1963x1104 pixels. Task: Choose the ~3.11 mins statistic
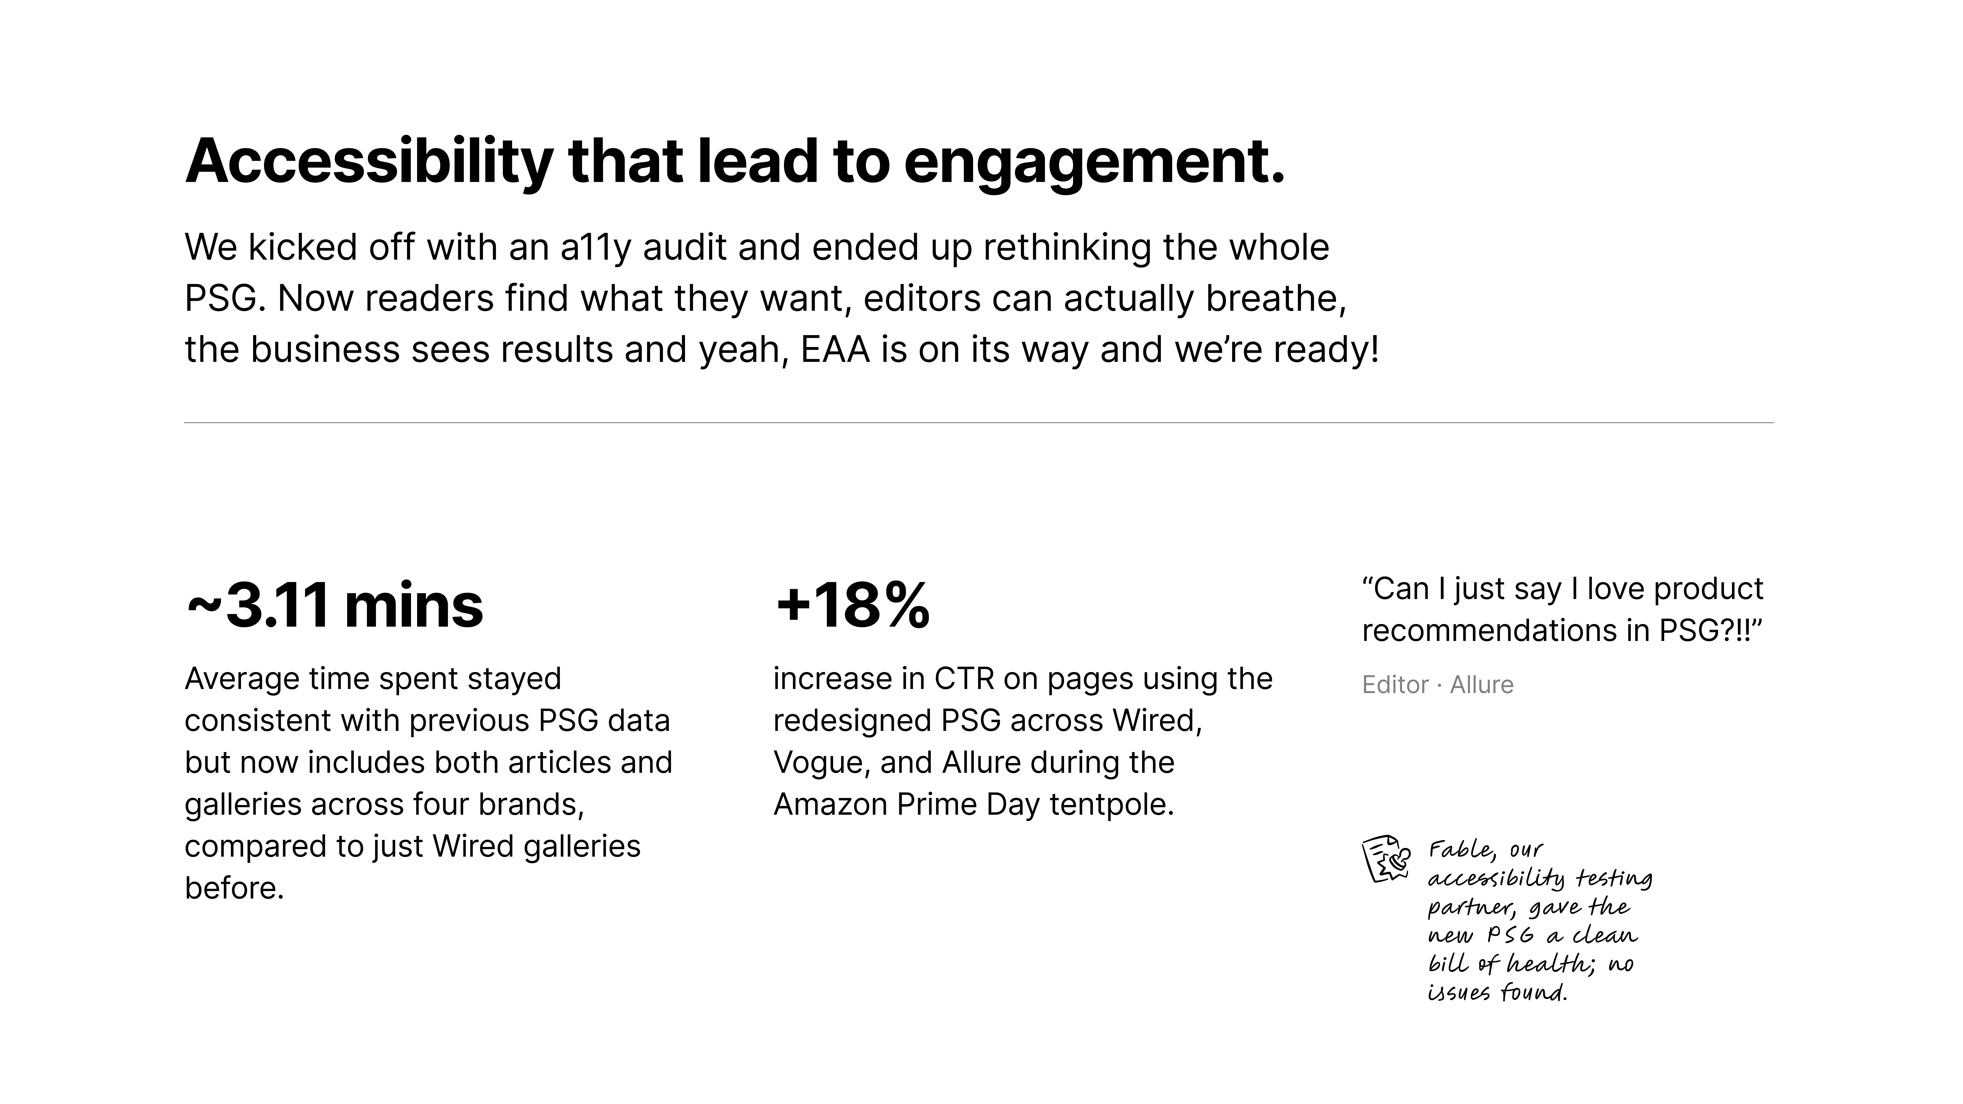334,606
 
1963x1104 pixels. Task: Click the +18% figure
852,606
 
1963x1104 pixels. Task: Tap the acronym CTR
964,679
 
